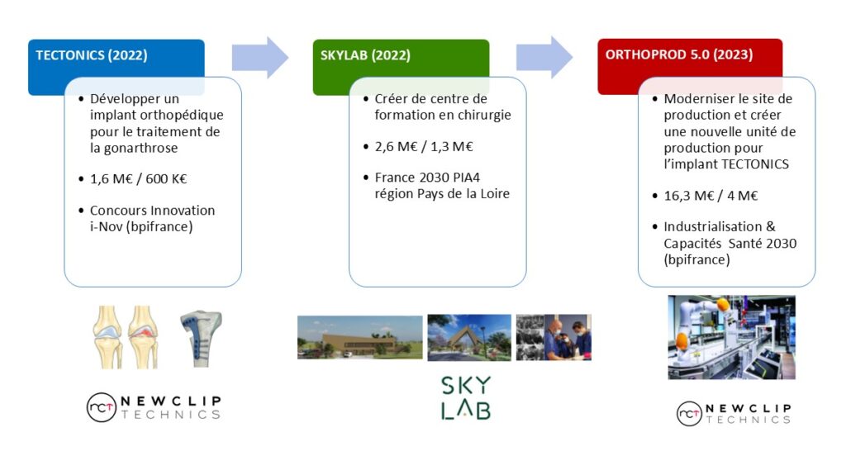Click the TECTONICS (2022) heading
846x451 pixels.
coord(91,55)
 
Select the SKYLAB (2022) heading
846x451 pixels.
coord(365,55)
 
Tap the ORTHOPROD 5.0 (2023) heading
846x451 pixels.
coord(679,55)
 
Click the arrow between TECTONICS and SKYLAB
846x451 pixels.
coord(260,57)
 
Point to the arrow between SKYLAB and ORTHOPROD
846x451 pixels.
coord(544,57)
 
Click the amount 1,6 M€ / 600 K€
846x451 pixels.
coord(138,178)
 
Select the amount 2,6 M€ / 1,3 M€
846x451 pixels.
coord(424,146)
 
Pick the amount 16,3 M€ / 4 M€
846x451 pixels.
coord(711,195)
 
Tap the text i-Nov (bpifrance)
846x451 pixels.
coord(141,226)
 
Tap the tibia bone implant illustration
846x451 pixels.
coord(200,339)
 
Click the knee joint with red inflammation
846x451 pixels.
coord(143,337)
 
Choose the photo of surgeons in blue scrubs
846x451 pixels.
coord(554,337)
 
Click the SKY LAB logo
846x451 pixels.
coord(466,397)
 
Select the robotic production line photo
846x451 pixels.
coord(731,337)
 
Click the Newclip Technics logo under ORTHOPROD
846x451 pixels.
coord(734,414)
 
